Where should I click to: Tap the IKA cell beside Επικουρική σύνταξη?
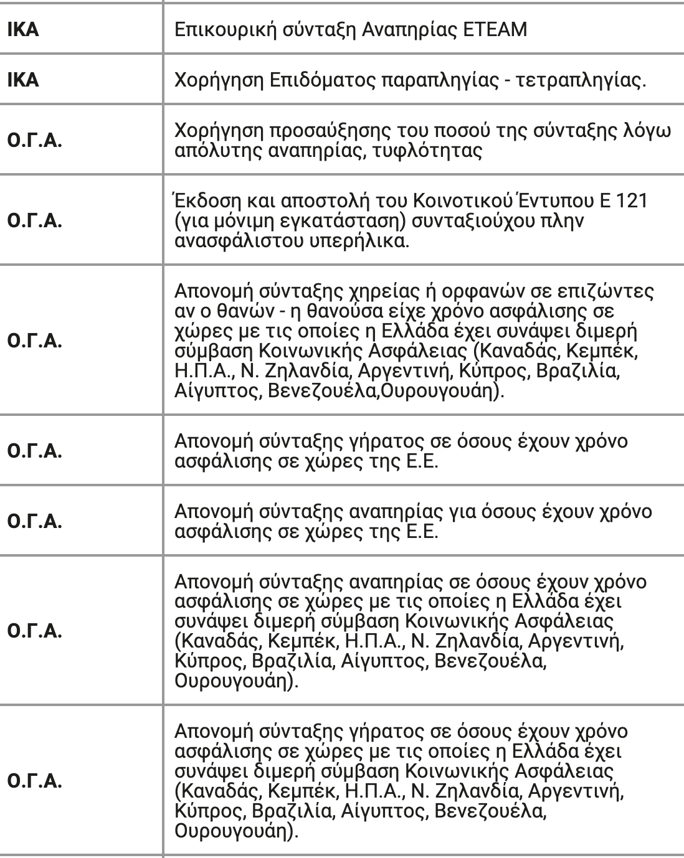coord(23,29)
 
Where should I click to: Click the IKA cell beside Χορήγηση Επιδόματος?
coord(23,80)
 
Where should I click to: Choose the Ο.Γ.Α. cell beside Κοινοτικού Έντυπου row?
coord(35,222)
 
